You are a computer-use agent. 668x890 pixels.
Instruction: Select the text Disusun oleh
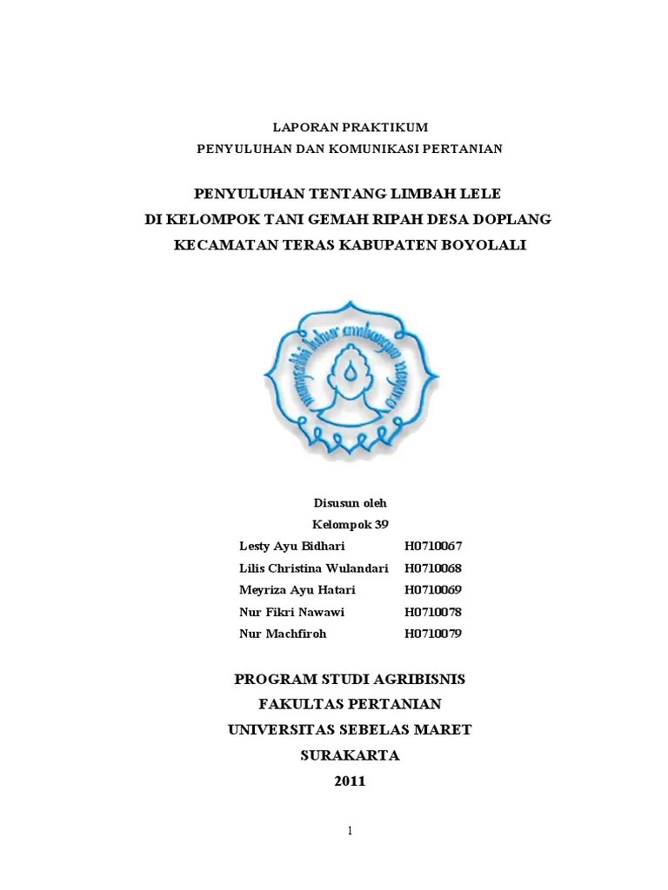pyautogui.click(x=349, y=503)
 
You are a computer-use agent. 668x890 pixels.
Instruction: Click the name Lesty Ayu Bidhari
pyautogui.click(x=291, y=546)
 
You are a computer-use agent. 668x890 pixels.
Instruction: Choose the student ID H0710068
pyautogui.click(x=433, y=568)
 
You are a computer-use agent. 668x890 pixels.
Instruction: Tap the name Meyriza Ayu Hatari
pyautogui.click(x=297, y=590)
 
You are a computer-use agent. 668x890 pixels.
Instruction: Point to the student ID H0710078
pyautogui.click(x=433, y=612)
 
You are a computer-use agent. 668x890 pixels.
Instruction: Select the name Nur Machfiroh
pyautogui.click(x=283, y=634)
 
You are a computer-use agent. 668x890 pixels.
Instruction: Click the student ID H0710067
pyautogui.click(x=433, y=546)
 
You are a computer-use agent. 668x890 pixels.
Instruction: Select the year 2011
pyautogui.click(x=351, y=781)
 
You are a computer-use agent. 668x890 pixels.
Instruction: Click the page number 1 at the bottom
pyautogui.click(x=350, y=832)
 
